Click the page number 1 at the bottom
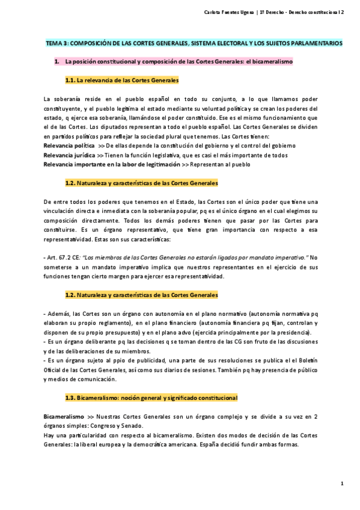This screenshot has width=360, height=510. pyautogui.click(x=341, y=484)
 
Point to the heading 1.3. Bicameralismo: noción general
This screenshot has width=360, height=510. pyautogui.click(x=151, y=398)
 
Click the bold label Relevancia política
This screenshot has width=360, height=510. pyautogui.click(x=69, y=146)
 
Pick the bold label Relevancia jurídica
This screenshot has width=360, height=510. pyautogui.click(x=69, y=155)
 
